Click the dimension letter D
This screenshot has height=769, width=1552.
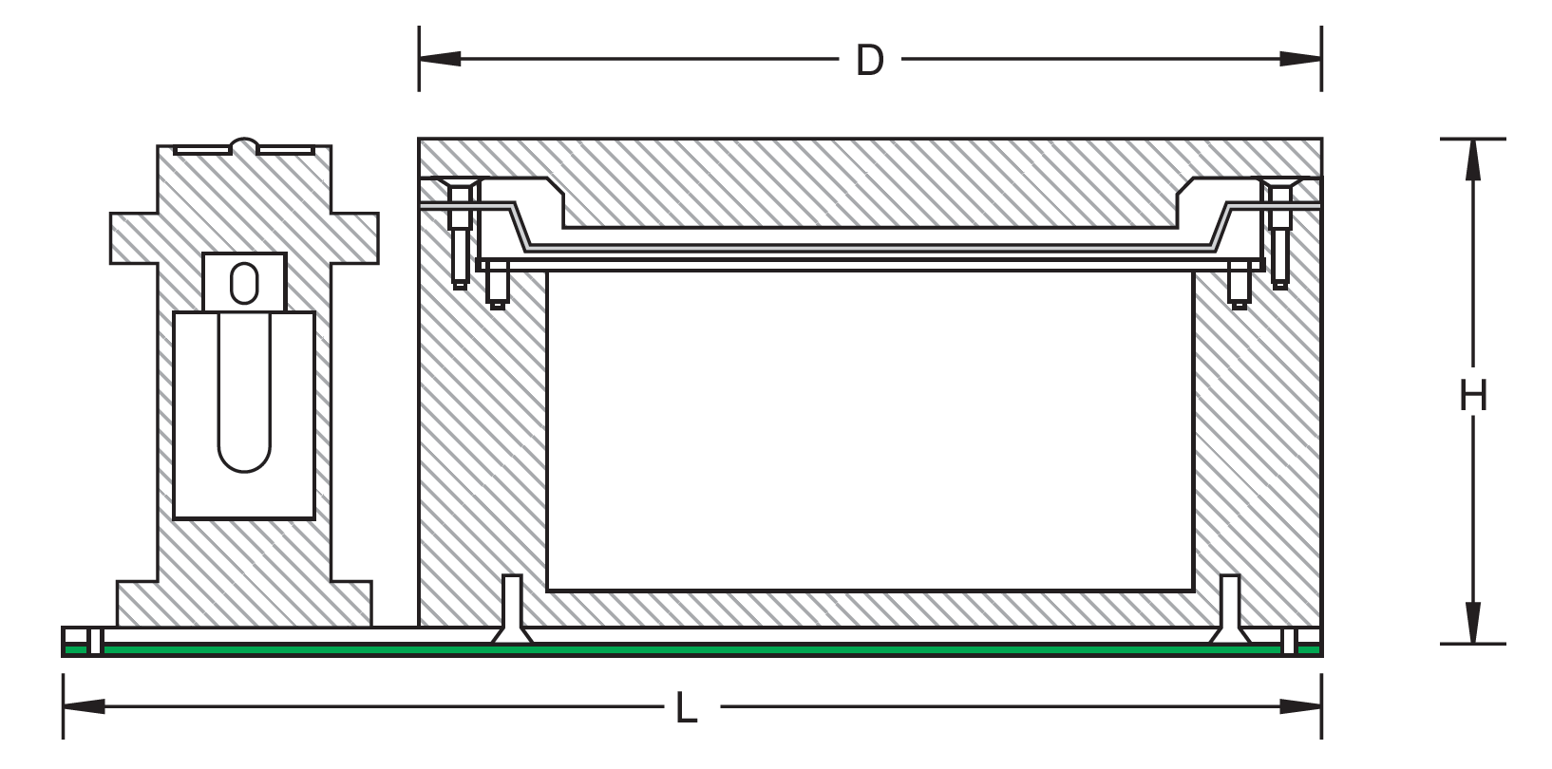point(869,61)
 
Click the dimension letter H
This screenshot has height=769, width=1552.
point(1472,396)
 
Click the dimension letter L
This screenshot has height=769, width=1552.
point(686,709)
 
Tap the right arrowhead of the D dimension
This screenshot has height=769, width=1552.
point(1299,59)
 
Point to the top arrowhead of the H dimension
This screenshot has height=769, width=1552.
point(1472,159)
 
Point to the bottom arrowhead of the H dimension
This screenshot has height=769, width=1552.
point(1472,622)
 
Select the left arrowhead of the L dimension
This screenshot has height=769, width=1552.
point(84,706)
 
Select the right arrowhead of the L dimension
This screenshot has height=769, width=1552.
point(1300,706)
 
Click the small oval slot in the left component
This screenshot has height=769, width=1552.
point(244,283)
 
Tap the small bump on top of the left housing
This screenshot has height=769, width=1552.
point(244,145)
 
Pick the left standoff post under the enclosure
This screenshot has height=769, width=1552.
point(512,608)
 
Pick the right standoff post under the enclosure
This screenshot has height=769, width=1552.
point(1229,608)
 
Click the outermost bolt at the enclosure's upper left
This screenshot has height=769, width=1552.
point(460,233)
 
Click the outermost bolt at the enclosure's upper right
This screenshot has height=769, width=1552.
point(1280,233)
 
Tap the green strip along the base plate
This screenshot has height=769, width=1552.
point(665,649)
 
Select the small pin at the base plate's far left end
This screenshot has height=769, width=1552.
point(95,642)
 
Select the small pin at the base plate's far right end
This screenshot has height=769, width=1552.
point(1289,642)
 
